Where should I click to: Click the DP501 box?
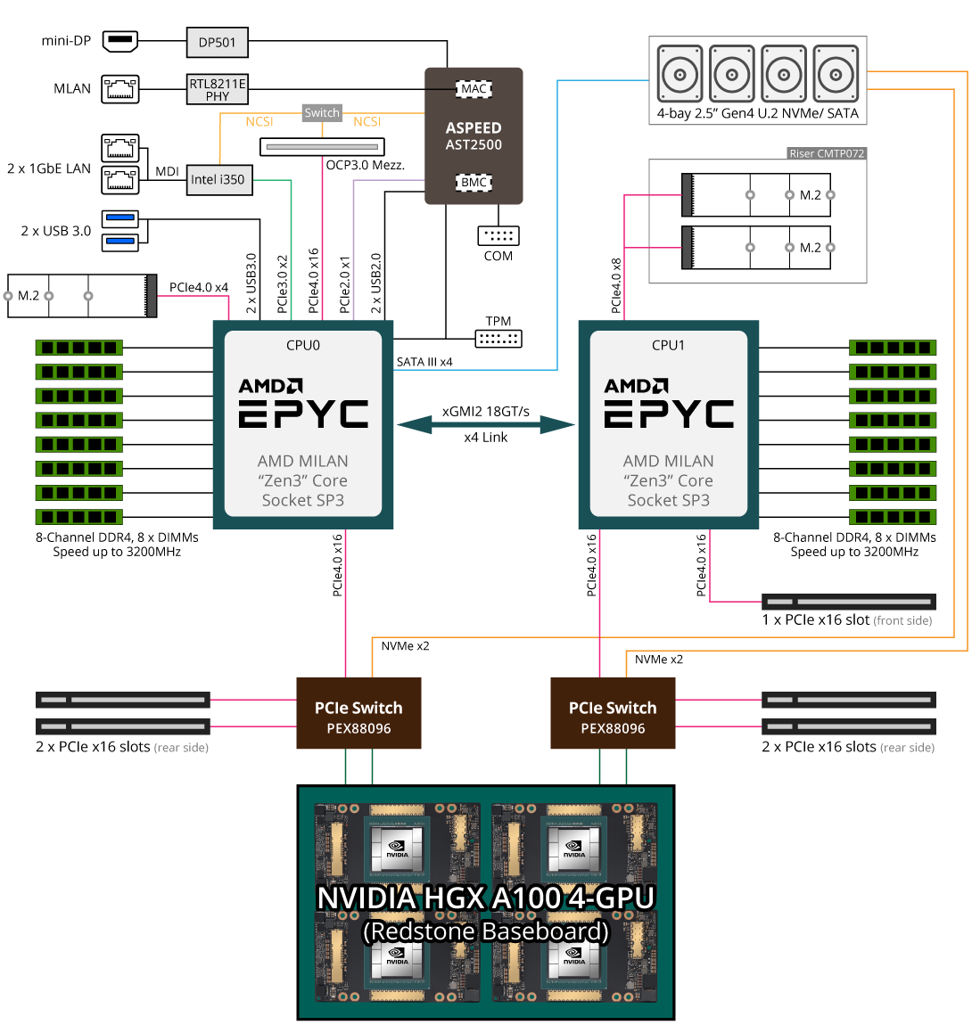coord(218,42)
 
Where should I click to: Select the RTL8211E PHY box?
coord(218,89)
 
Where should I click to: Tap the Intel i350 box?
coord(218,179)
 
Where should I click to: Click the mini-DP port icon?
coord(120,40)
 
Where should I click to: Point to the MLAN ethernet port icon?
coord(120,88)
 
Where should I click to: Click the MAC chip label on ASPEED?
coord(474,88)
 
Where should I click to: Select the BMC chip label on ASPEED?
coord(474,183)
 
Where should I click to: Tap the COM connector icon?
coord(498,235)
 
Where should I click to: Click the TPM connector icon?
coord(498,339)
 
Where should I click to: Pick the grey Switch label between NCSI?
coord(322,113)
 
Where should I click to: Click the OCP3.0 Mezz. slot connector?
coord(322,146)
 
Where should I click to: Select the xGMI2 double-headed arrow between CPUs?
coord(486,424)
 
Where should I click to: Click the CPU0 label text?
coord(303,345)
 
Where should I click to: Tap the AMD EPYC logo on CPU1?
coord(669,404)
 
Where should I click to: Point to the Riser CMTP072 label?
coord(827,153)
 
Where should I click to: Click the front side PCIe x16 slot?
coord(849,602)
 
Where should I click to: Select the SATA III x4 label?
coord(424,362)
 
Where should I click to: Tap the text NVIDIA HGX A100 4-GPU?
coord(486,898)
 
